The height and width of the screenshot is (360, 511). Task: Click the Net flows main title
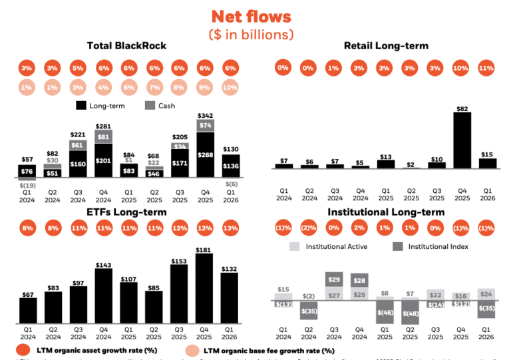251,16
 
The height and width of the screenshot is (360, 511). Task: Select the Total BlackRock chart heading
126,45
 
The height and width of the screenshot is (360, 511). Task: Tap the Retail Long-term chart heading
386,45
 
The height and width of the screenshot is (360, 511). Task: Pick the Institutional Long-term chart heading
386,212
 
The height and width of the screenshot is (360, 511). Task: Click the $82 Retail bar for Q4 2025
461,140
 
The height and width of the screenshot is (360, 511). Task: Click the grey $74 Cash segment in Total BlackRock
205,124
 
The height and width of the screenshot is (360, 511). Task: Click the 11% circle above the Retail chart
486,67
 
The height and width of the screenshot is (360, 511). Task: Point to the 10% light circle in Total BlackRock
230,87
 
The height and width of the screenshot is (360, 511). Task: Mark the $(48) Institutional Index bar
411,313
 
